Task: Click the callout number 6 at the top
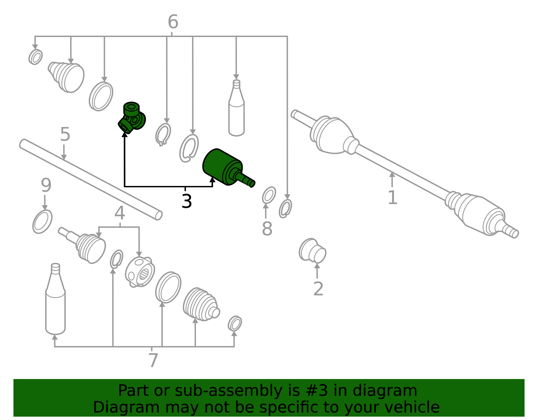[173, 22]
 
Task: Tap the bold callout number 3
[186, 201]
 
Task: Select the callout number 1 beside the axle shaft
[392, 197]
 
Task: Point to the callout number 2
[318, 289]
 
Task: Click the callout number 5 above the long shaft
[65, 134]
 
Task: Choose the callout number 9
[46, 185]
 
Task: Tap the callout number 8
[267, 228]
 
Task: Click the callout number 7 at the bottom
[153, 360]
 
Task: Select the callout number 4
[120, 213]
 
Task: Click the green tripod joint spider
[131, 117]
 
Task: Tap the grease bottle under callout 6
[236, 108]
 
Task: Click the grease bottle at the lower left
[55, 299]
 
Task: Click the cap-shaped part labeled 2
[312, 251]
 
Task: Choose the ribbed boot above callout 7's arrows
[201, 304]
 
